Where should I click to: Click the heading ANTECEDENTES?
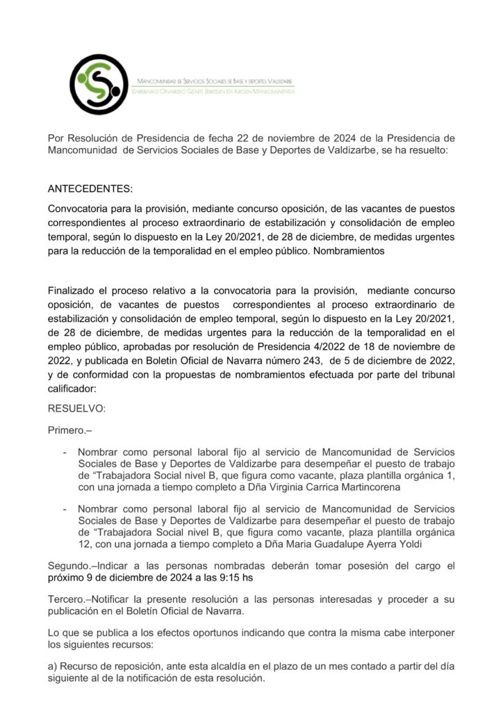(89, 189)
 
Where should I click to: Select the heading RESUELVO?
(76, 409)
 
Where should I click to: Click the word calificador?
(72, 389)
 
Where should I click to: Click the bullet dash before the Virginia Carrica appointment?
(65, 451)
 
